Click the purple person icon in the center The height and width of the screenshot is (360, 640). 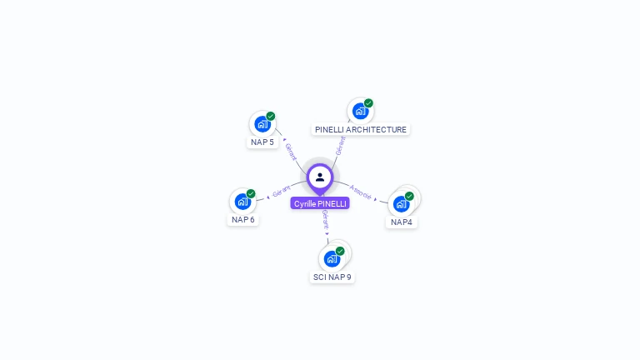click(x=320, y=177)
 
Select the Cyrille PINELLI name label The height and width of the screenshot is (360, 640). click(x=320, y=203)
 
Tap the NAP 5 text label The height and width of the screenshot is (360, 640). click(x=262, y=142)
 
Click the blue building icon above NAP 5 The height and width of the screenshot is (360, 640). click(x=262, y=125)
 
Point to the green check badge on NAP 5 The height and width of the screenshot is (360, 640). click(x=271, y=117)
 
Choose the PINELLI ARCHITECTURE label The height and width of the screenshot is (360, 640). click(x=361, y=129)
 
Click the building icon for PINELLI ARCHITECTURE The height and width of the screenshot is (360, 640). click(x=359, y=111)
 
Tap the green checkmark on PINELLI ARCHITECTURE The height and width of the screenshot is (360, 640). click(x=368, y=103)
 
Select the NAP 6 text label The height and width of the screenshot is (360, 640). click(x=243, y=219)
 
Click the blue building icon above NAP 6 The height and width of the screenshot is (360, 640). click(x=242, y=202)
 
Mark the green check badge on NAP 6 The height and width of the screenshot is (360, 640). click(x=251, y=193)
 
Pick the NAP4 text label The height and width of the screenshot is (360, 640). click(x=402, y=222)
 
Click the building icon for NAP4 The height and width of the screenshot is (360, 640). click(x=402, y=204)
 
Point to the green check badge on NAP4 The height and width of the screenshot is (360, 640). click(x=409, y=196)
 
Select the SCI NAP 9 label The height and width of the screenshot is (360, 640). click(x=332, y=277)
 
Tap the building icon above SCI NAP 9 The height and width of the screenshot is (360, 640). click(x=332, y=258)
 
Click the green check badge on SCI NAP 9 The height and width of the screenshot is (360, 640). click(x=340, y=251)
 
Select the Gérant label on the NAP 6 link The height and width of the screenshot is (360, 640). click(x=281, y=192)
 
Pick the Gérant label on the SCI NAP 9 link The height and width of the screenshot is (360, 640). click(x=325, y=220)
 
